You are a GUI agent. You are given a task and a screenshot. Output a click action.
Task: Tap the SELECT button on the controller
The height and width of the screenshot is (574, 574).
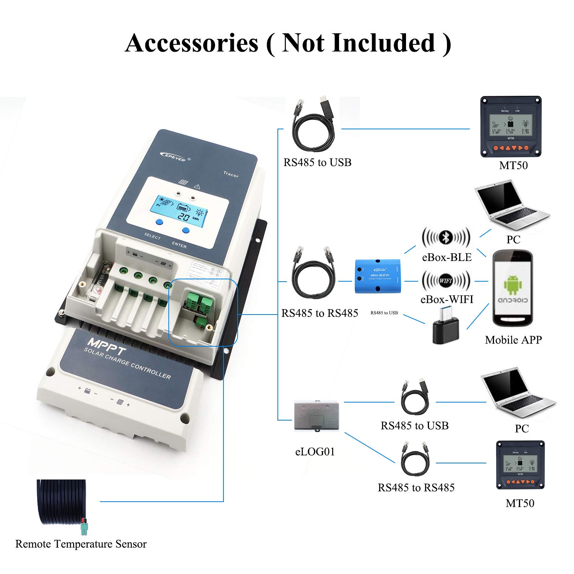160,222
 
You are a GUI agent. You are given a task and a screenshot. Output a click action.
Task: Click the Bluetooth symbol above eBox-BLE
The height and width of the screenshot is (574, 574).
446,238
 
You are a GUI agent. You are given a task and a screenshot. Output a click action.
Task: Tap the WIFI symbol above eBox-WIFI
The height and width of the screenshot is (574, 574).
446,280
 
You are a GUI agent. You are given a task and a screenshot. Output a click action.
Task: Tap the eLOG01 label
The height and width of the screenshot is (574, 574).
315,452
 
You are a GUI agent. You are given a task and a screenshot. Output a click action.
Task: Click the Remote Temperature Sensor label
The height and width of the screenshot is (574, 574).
81,544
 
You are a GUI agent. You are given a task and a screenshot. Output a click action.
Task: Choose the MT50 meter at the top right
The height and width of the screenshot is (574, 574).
511,126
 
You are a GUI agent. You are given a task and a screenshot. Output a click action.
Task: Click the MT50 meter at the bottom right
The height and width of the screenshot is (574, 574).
520,465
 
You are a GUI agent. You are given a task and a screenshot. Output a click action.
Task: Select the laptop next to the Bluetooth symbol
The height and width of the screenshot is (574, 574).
511,209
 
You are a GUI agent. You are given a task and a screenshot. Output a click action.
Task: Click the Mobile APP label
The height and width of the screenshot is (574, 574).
513,340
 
